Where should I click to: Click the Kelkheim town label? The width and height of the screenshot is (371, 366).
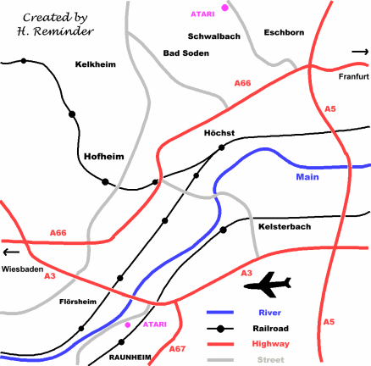[94, 64]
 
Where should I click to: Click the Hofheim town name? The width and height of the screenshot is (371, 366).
[104, 156]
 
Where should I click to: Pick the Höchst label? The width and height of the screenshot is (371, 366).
[219, 133]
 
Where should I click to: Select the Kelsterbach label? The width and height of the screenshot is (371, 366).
[280, 227]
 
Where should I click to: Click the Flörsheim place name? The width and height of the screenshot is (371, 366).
[78, 301]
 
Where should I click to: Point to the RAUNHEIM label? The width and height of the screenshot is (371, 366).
[134, 358]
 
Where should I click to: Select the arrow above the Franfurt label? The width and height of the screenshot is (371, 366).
[360, 53]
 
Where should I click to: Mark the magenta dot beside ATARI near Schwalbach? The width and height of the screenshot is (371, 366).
[224, 8]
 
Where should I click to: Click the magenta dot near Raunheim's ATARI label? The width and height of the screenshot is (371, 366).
[128, 324]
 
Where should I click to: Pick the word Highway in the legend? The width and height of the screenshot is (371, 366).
[271, 344]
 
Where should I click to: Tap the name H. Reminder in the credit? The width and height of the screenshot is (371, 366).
[50, 30]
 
